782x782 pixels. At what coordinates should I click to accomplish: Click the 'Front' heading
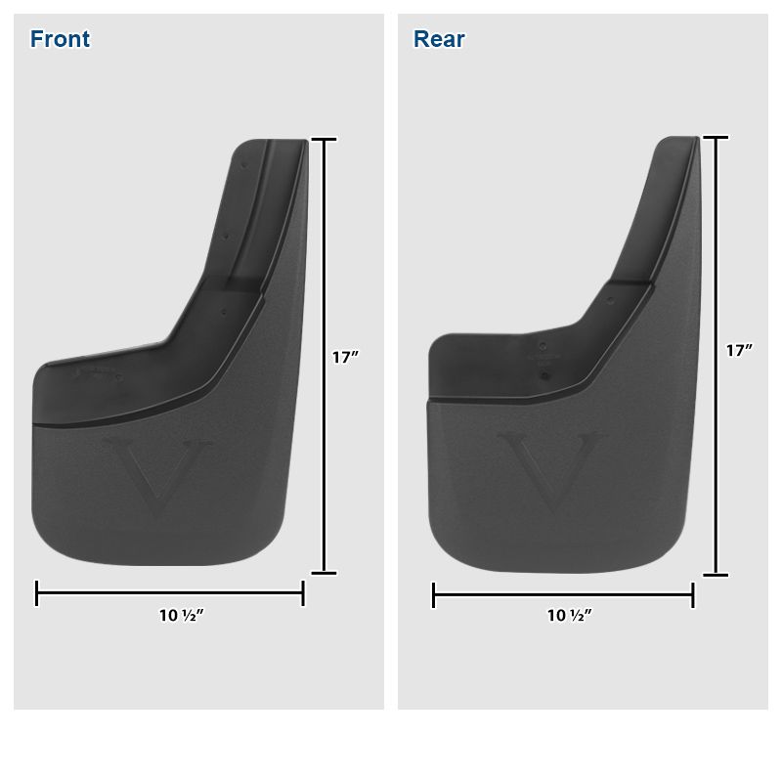coord(60,39)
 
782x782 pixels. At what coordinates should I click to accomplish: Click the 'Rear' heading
coord(439,39)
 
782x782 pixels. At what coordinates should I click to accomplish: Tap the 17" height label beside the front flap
coord(345,358)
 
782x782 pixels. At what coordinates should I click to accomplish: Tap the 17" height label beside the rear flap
coord(739,350)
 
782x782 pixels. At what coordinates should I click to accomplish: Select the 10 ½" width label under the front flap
coord(181,616)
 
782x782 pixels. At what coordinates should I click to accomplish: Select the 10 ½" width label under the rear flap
coord(569,616)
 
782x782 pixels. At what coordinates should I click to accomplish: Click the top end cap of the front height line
coord(324,140)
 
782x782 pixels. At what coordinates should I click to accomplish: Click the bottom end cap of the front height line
coord(324,573)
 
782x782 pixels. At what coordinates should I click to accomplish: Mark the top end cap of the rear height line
coord(716,137)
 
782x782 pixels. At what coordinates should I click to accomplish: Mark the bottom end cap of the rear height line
coord(716,575)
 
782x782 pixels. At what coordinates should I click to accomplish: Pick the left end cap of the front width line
coord(37,592)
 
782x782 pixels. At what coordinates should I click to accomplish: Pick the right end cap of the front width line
coord(303,592)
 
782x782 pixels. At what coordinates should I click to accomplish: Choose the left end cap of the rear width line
coord(433,594)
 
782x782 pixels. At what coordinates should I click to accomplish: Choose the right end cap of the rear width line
coord(693,594)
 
